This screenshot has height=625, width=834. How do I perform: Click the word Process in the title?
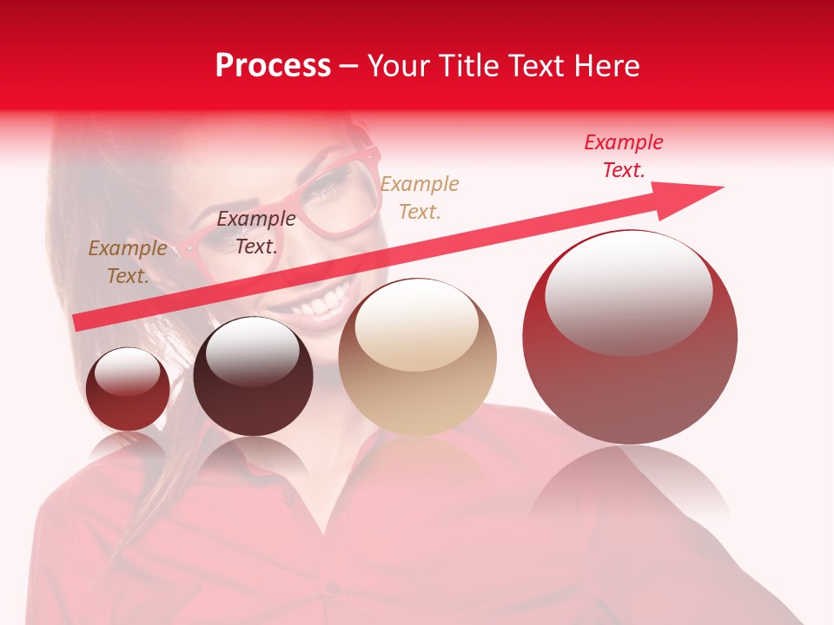pyautogui.click(x=273, y=66)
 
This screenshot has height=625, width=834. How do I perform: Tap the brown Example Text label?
pyautogui.click(x=127, y=262)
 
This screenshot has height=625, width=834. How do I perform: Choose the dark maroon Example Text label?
pyautogui.click(x=255, y=233)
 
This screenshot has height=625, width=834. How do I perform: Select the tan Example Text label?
pyautogui.click(x=420, y=198)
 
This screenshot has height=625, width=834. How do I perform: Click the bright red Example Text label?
pyautogui.click(x=623, y=156)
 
